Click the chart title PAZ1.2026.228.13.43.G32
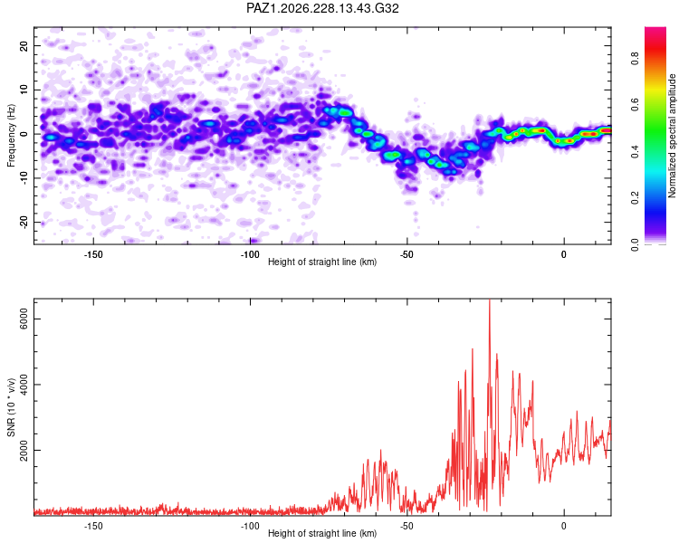(322, 8)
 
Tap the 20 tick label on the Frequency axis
(24, 45)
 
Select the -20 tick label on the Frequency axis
(24, 223)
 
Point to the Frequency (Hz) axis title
(11, 136)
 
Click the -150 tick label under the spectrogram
(92, 254)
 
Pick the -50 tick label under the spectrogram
(406, 254)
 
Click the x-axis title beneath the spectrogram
(322, 262)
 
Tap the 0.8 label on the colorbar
(635, 57)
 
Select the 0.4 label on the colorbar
(635, 151)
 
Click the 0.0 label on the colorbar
(635, 244)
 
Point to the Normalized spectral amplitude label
(672, 136)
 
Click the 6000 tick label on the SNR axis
(24, 319)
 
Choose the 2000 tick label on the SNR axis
(24, 451)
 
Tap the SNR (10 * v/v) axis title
(11, 407)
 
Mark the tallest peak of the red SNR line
(490, 300)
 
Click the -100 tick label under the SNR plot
(250, 526)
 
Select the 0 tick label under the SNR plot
(563, 526)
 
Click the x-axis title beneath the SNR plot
(322, 533)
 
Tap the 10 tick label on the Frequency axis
(24, 90)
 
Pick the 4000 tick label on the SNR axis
(24, 385)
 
